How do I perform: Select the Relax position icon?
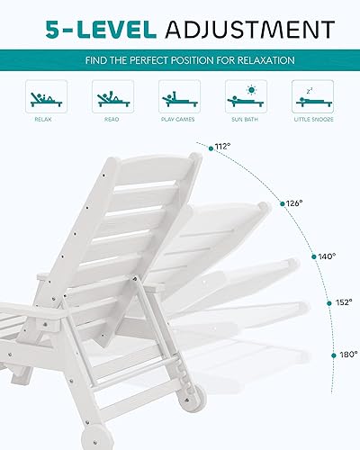tap(43, 96)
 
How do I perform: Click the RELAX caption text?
tap(43, 119)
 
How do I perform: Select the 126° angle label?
tap(293, 203)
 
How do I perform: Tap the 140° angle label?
tap(327, 256)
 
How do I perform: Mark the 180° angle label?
tap(349, 354)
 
